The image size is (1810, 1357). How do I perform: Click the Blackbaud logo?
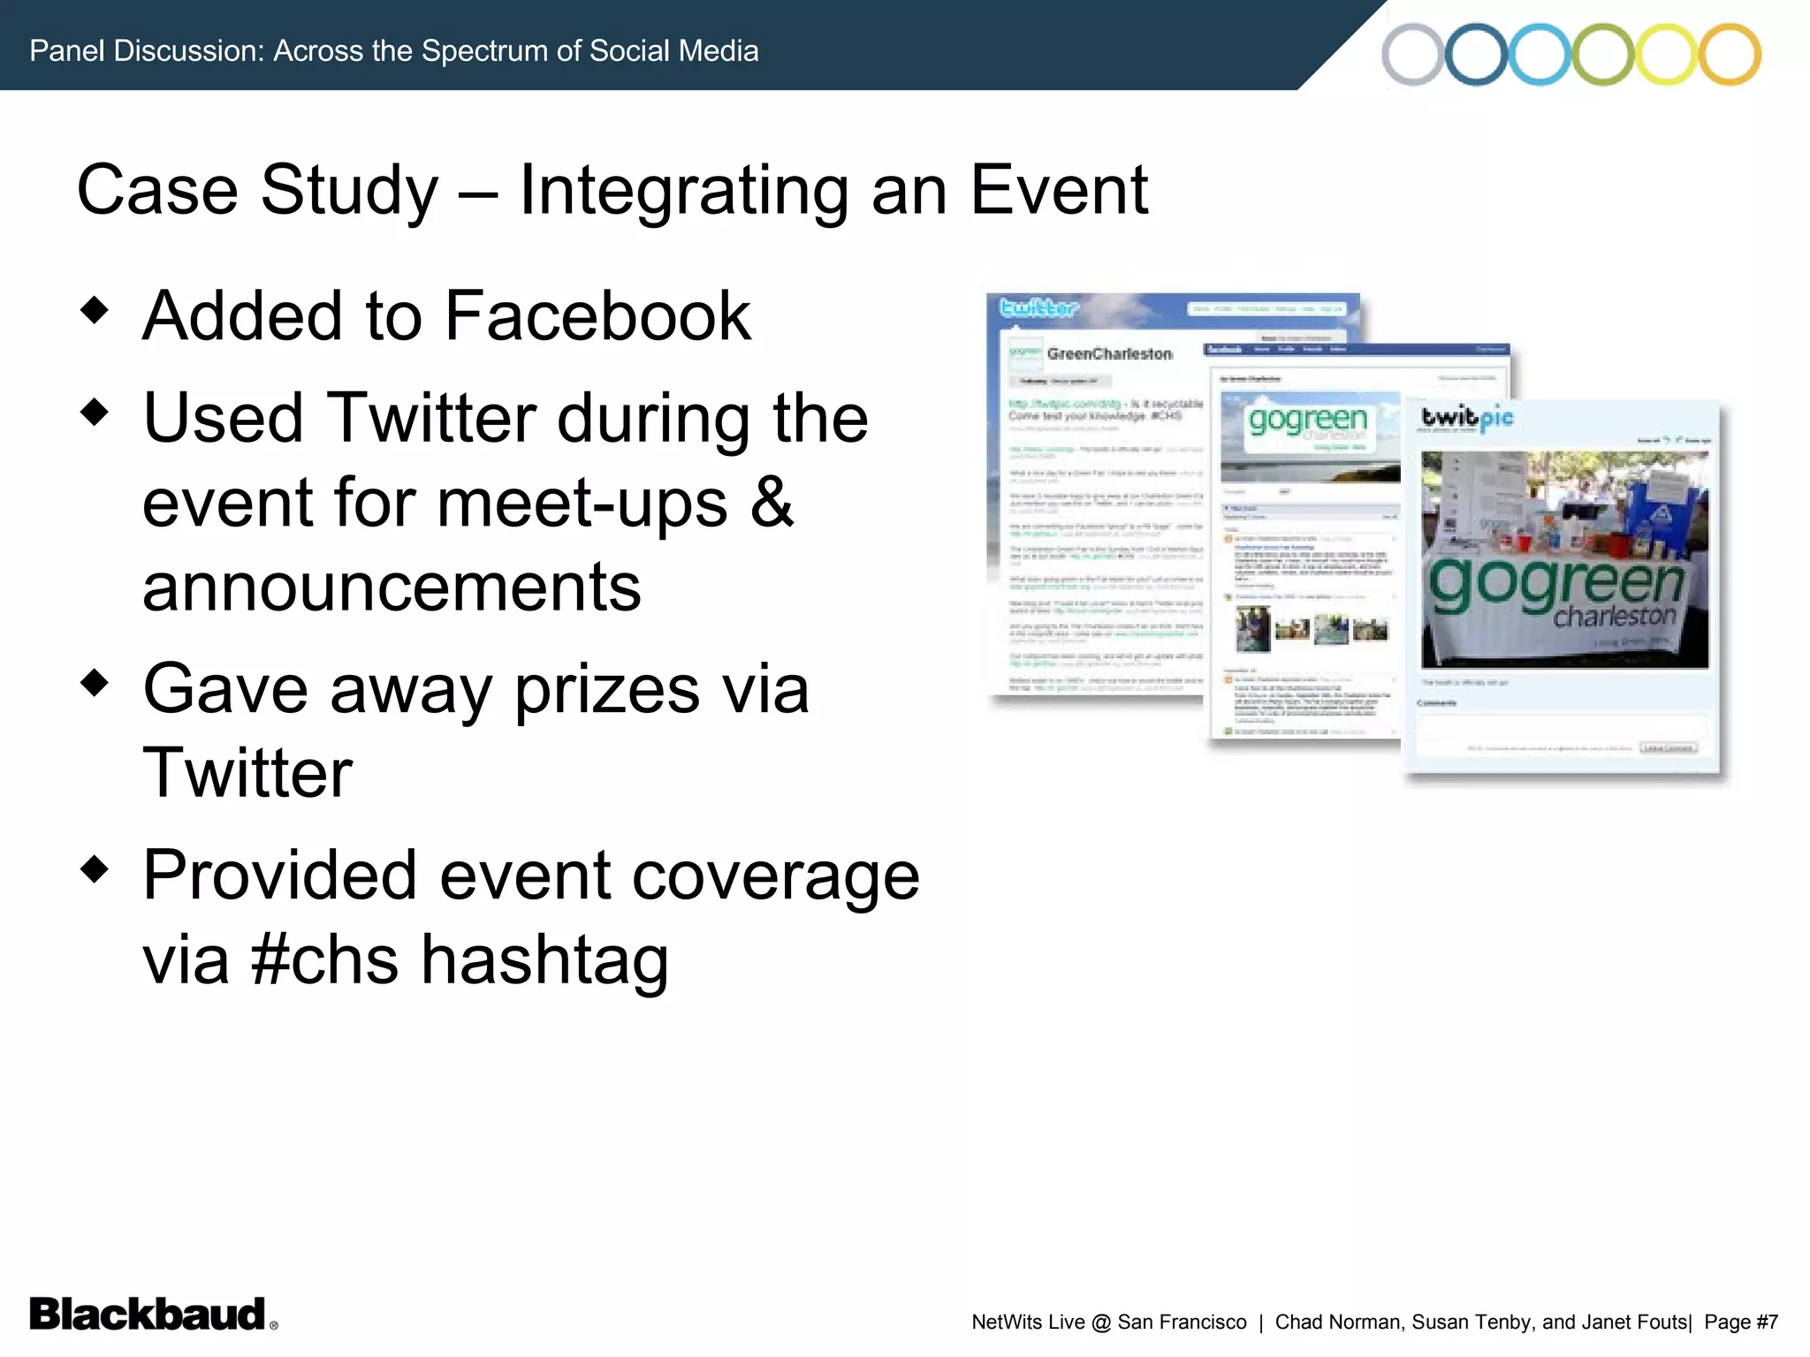pyautogui.click(x=148, y=1315)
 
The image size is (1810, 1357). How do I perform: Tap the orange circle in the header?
pyautogui.click(x=1730, y=55)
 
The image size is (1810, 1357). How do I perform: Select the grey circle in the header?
pyautogui.click(x=1412, y=55)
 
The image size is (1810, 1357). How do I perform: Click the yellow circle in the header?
pyautogui.click(x=1667, y=55)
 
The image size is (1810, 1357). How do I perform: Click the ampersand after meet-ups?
pyautogui.click(x=772, y=502)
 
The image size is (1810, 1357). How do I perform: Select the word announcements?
pyautogui.click(x=392, y=587)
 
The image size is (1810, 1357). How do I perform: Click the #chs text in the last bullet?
pyautogui.click(x=324, y=959)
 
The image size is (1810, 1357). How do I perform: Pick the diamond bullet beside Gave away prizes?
pyautogui.click(x=94, y=682)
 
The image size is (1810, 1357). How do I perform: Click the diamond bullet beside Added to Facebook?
pyautogui.click(x=94, y=309)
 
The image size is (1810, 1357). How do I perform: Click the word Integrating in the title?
pyautogui.click(x=683, y=190)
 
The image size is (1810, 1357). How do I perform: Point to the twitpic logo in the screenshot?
pyautogui.click(x=1467, y=417)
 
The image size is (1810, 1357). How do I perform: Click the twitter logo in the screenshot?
pyautogui.click(x=1038, y=308)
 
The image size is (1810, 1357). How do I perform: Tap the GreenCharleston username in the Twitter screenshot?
pyautogui.click(x=1109, y=354)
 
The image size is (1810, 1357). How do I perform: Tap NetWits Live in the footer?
pyautogui.click(x=1028, y=1322)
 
